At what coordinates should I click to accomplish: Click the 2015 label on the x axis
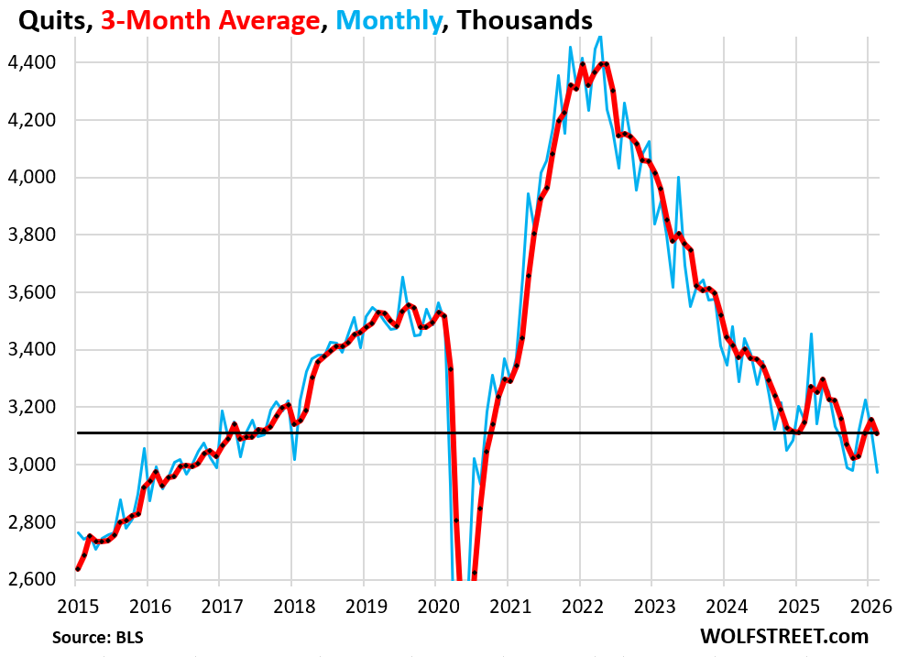pyautogui.click(x=78, y=606)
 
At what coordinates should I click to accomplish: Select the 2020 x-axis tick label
pyautogui.click(x=436, y=606)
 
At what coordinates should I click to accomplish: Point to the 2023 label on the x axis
pyautogui.click(x=651, y=606)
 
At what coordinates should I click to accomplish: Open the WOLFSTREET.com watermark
pyautogui.click(x=783, y=636)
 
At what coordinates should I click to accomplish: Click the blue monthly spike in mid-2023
pyautogui.click(x=678, y=177)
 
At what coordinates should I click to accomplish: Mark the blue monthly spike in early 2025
pyautogui.click(x=811, y=334)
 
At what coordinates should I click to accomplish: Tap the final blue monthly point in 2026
pyautogui.click(x=878, y=472)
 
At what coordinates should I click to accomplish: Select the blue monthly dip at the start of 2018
pyautogui.click(x=294, y=458)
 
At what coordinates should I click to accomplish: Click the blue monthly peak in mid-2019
pyautogui.click(x=402, y=277)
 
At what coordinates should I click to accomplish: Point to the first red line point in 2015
pyautogui.click(x=78, y=569)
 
